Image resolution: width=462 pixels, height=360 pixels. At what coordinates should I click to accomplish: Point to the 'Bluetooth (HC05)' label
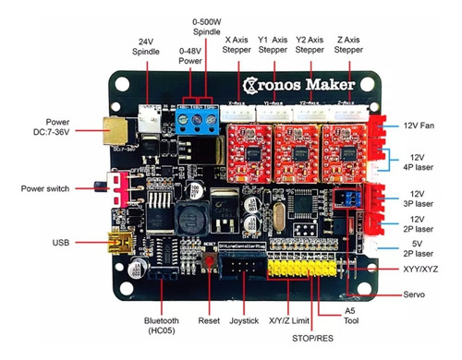(164, 327)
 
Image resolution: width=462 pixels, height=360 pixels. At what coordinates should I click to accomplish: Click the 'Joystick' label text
(246, 323)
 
